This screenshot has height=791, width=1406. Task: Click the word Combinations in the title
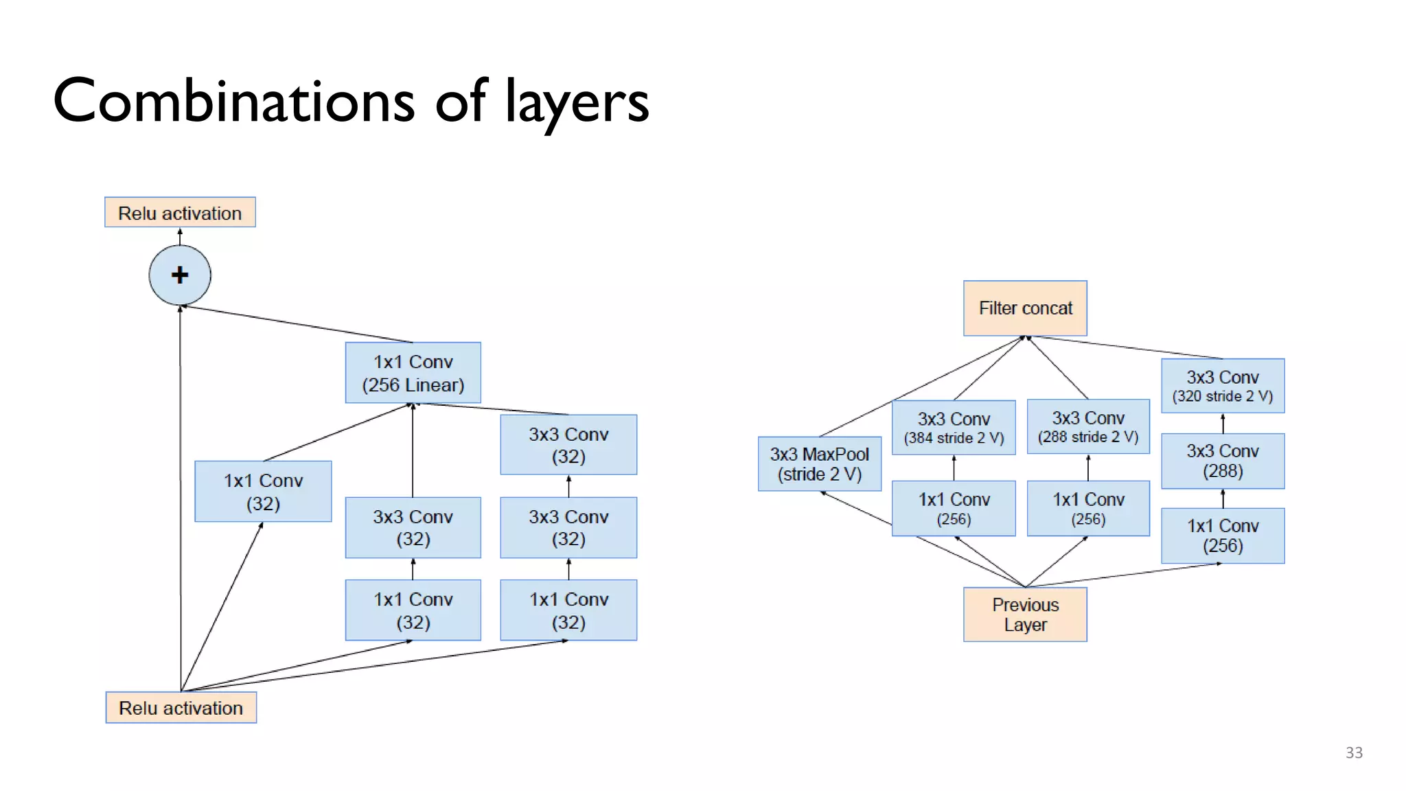(233, 102)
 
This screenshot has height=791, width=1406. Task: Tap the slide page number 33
(1354, 753)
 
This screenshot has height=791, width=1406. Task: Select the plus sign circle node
(180, 275)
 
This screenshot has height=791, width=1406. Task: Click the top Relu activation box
(180, 213)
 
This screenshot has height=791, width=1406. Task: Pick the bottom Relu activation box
(181, 708)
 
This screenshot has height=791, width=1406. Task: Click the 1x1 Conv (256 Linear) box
(413, 373)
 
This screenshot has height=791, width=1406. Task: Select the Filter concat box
(1025, 308)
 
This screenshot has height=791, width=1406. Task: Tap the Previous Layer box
(1025, 615)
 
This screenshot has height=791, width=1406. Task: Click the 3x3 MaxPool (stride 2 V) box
(819, 464)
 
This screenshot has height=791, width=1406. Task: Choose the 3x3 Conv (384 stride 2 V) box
(954, 427)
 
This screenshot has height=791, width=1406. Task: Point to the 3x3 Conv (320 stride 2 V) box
(1223, 386)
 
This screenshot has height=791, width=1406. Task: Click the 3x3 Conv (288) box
(1223, 461)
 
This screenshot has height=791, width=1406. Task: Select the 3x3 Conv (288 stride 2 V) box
(1088, 426)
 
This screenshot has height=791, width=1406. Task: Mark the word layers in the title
(577, 103)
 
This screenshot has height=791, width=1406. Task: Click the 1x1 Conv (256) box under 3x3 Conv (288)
(1223, 536)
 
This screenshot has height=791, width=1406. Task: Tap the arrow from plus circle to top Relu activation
(180, 236)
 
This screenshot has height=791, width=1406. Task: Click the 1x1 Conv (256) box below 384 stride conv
(954, 508)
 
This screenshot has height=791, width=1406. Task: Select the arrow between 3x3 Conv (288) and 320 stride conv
(1223, 423)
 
